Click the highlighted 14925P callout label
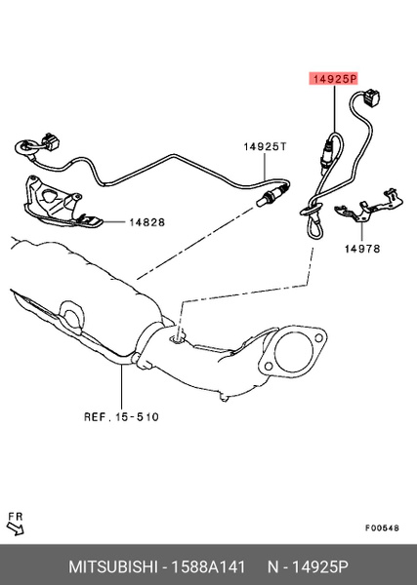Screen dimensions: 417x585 pyautogui.click(x=333, y=79)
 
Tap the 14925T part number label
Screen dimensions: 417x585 pyautogui.click(x=265, y=146)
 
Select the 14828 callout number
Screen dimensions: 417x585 pyautogui.click(x=146, y=222)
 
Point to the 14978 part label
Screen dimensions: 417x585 pyautogui.click(x=362, y=249)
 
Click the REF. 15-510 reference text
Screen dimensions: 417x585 pyautogui.click(x=121, y=416)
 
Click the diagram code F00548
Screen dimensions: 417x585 pyautogui.click(x=382, y=527)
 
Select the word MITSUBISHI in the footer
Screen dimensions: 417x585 pyautogui.click(x=112, y=566)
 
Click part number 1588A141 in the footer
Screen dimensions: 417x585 pyautogui.click(x=208, y=566)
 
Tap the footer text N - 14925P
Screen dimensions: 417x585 pyautogui.click(x=308, y=566)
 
